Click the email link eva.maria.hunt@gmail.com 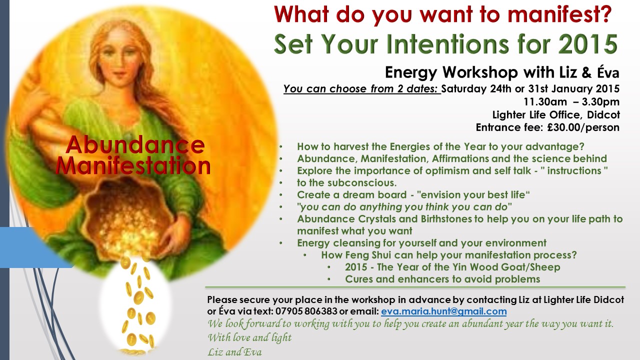coord(443,311)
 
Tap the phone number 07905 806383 coord(306,311)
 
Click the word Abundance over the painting coord(135,145)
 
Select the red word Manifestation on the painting coord(133,165)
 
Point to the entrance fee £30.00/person coord(583,127)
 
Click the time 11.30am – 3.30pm coord(571,101)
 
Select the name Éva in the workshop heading coord(608,72)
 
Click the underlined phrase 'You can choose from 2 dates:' coord(361,89)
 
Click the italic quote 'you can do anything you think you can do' coord(404,207)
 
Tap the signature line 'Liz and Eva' coord(234,352)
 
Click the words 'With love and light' coord(249,337)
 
